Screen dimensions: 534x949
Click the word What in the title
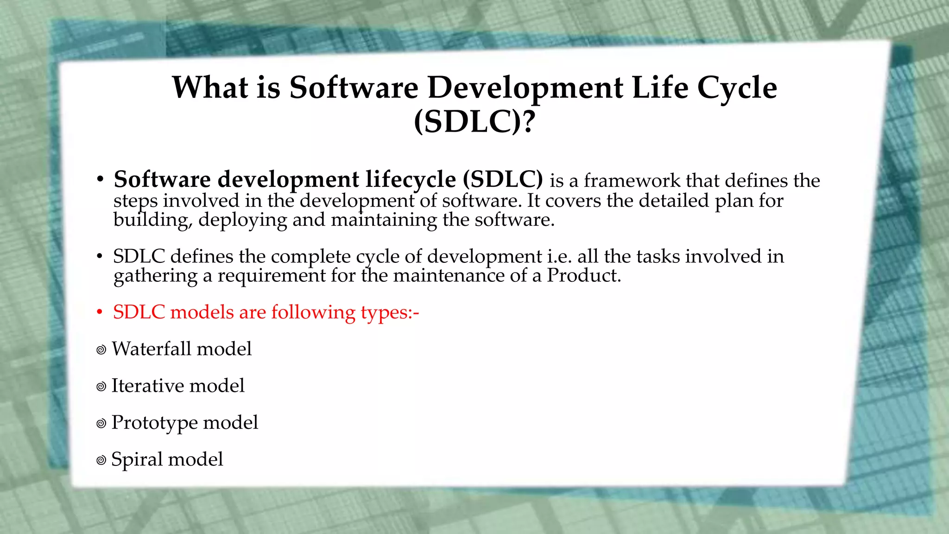(210, 87)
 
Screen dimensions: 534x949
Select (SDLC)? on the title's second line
(474, 121)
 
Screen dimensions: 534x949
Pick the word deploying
(243, 220)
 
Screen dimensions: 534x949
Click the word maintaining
(384, 220)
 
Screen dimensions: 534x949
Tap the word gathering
(155, 276)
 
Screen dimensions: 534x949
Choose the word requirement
(272, 275)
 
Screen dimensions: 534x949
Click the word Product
(583, 275)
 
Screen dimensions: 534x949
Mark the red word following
(313, 312)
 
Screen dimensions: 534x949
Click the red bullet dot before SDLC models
(99, 312)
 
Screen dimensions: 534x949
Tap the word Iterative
(147, 386)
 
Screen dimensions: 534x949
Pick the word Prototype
(154, 423)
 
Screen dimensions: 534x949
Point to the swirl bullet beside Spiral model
(101, 460)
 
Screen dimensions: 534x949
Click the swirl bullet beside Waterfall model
(101, 350)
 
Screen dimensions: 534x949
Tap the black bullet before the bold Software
(100, 180)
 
